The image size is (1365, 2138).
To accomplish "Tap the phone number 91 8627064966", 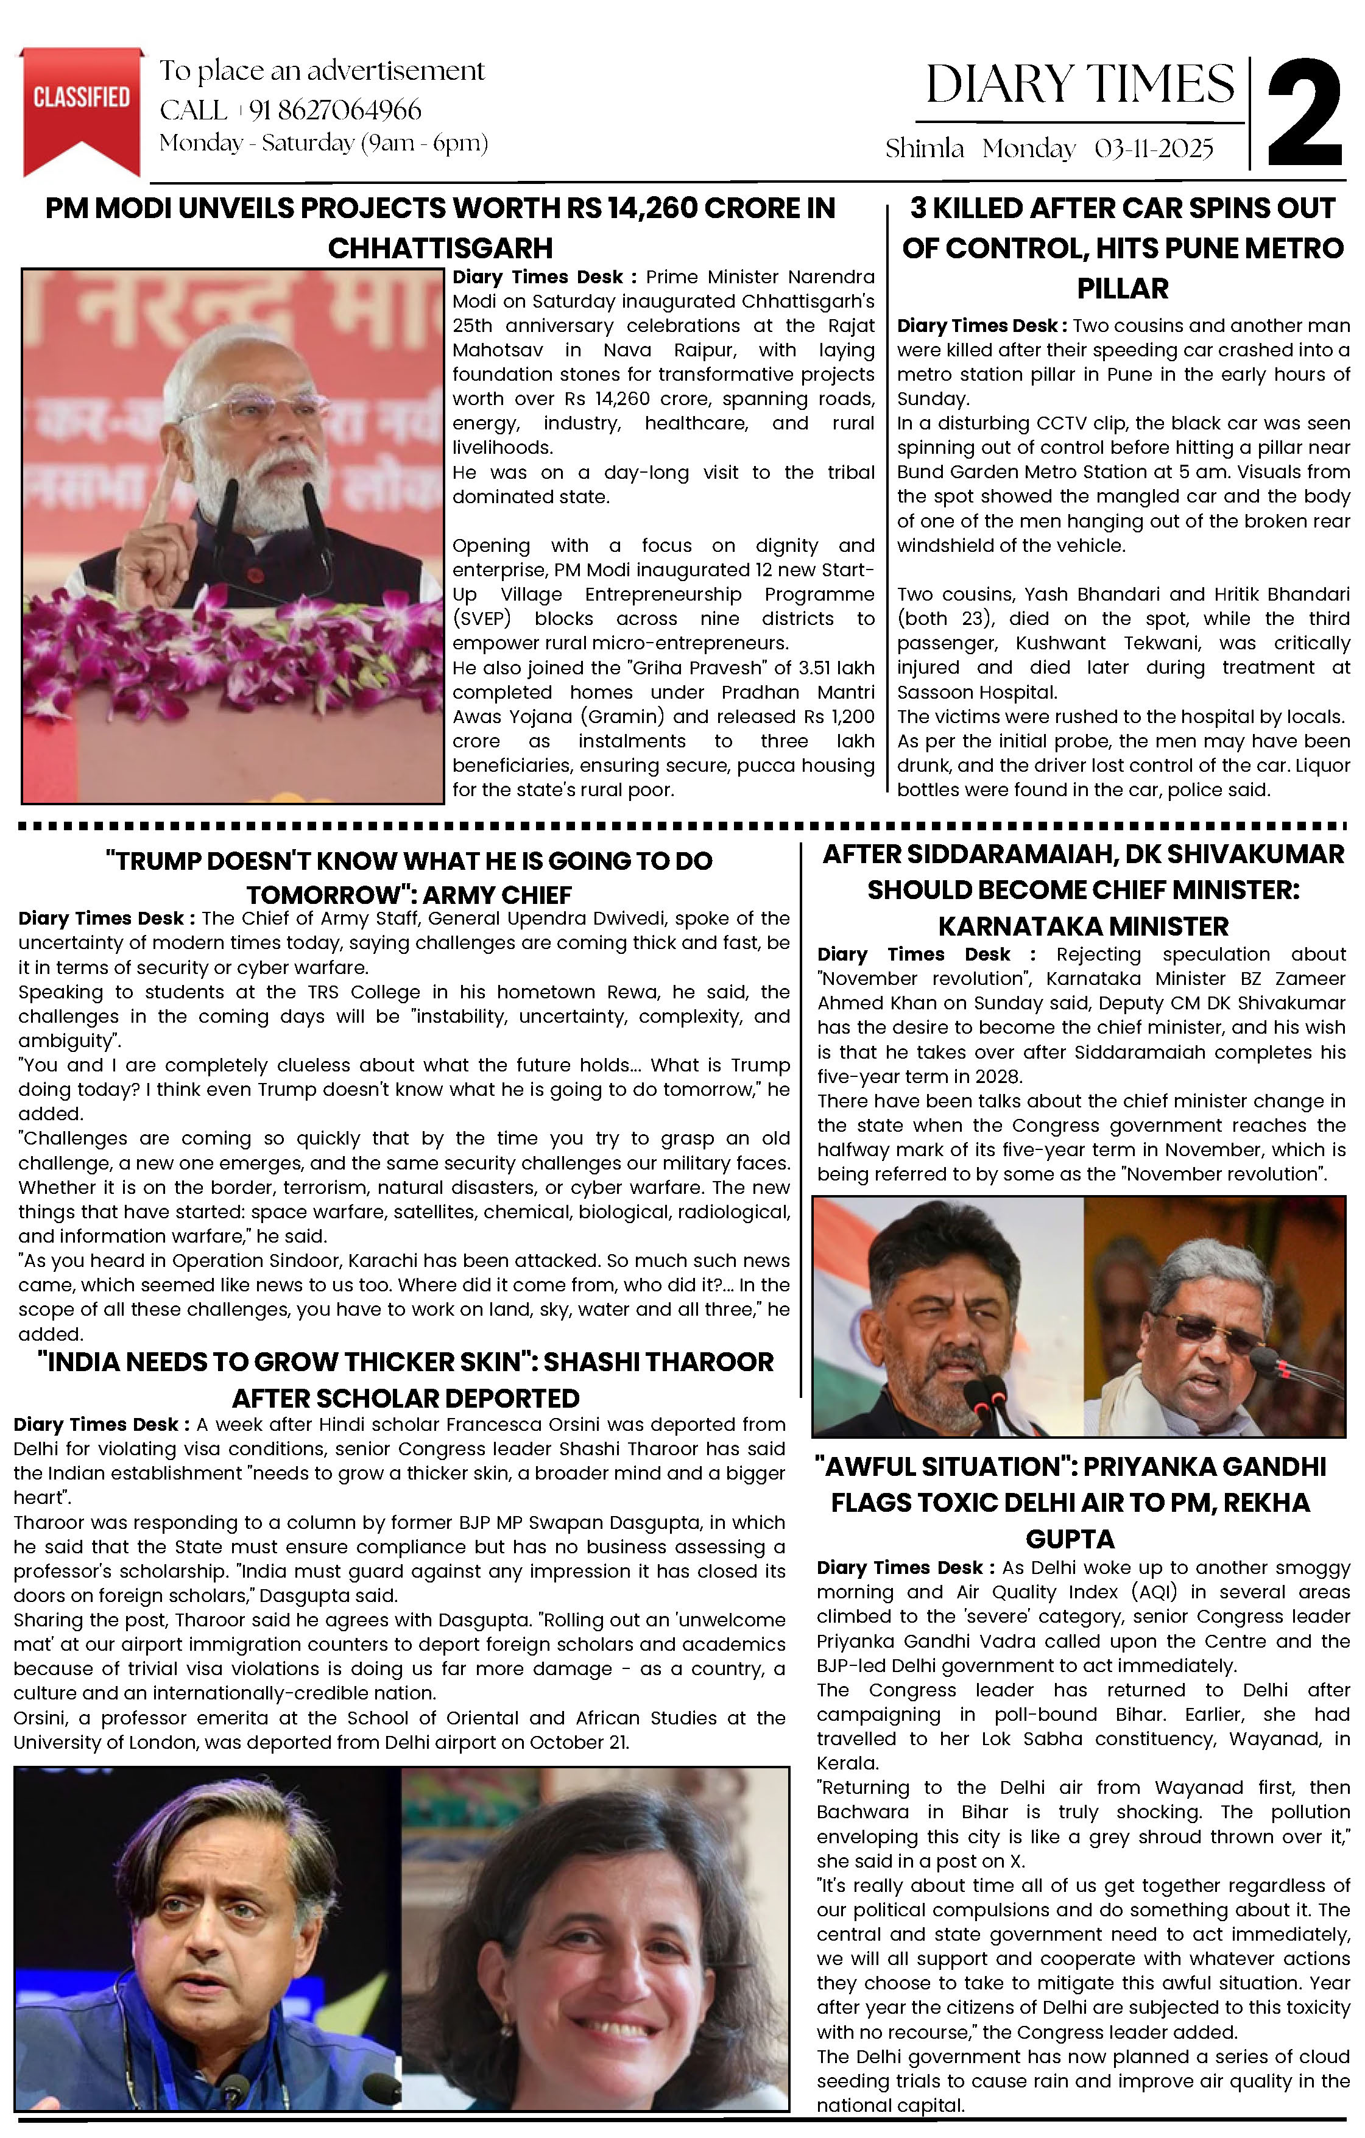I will (x=335, y=110).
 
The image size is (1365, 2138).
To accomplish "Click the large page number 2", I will (x=1303, y=114).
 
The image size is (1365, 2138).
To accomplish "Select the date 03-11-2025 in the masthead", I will (x=1154, y=149).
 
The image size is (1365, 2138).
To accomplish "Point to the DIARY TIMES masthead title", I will (x=1079, y=85).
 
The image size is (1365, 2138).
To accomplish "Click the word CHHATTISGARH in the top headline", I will (x=440, y=248).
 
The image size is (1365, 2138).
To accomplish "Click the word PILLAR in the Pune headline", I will (x=1123, y=289).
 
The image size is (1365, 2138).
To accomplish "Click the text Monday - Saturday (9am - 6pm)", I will (x=323, y=143).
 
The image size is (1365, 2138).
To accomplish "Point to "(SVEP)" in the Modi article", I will (x=481, y=619).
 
